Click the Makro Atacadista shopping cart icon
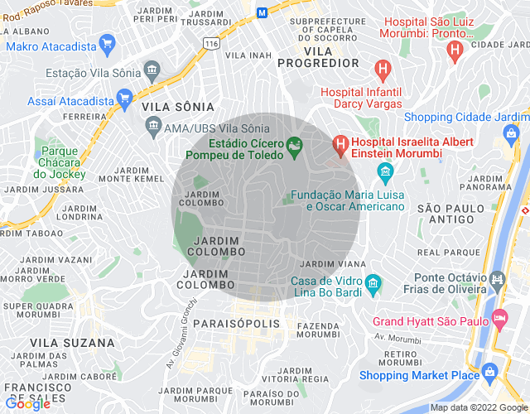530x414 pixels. click(x=106, y=42)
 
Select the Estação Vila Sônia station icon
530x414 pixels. click(x=152, y=69)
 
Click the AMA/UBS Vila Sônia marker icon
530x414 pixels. click(x=153, y=125)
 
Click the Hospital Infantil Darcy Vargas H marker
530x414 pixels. click(x=382, y=69)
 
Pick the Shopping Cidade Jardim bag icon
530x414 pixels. click(x=512, y=132)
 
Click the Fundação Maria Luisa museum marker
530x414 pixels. click(x=384, y=173)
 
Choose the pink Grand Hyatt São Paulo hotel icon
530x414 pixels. click(x=499, y=318)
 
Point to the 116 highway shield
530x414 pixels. click(x=212, y=43)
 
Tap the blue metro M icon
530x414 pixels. click(x=262, y=12)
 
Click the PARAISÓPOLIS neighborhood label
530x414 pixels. click(x=236, y=325)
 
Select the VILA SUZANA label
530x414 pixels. click(x=72, y=342)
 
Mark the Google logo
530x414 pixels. click(x=27, y=404)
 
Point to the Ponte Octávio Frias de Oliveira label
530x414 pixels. click(x=450, y=283)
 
